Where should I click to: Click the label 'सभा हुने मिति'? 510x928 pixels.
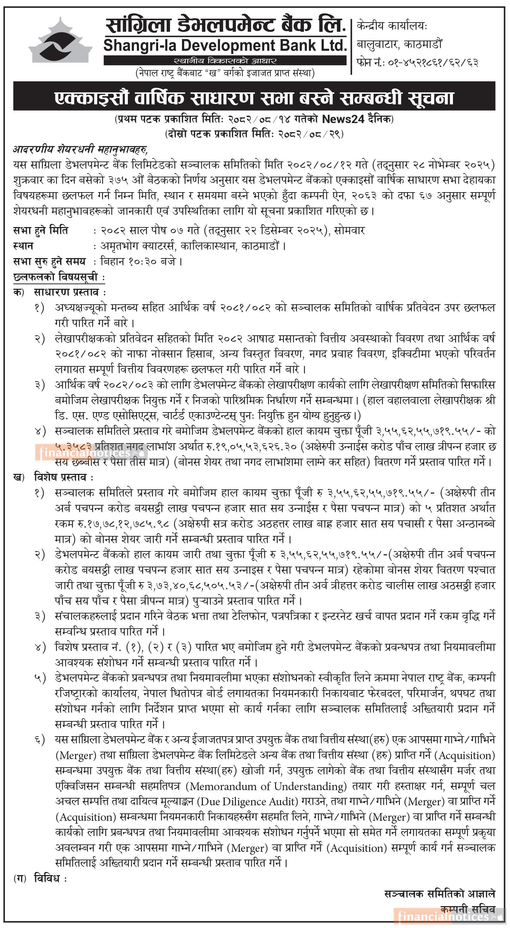40,230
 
